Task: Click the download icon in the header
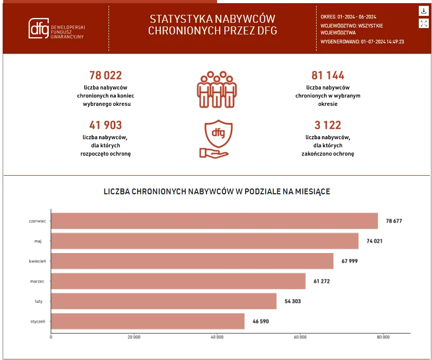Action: [x=424, y=11]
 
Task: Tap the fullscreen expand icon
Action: [x=424, y=23]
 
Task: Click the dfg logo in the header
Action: [x=38, y=29]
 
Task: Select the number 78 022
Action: [x=105, y=76]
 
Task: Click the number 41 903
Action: [x=105, y=125]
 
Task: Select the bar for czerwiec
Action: [x=214, y=221]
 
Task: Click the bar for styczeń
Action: [x=148, y=321]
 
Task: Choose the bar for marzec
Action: [x=178, y=281]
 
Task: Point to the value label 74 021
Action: [x=374, y=241]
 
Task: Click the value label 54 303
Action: [x=296, y=301]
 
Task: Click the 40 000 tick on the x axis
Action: [x=217, y=337]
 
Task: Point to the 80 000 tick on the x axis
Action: [x=383, y=337]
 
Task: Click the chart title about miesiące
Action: [x=217, y=192]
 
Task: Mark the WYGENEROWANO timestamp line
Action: [x=362, y=41]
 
